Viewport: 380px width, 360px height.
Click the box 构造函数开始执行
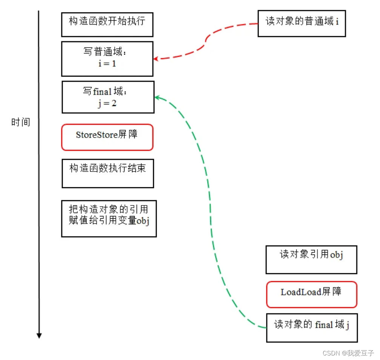coord(107,24)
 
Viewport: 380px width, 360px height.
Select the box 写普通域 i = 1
coord(107,59)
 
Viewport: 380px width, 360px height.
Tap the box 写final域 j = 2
coord(108,97)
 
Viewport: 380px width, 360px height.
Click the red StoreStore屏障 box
coord(107,137)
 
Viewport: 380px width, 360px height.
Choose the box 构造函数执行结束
coord(108,173)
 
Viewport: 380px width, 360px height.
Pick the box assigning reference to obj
coord(109,219)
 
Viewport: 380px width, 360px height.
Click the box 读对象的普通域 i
coord(302,23)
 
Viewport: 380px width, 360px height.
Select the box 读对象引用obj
coord(311,260)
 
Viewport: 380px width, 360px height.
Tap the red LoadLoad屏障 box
coord(311,294)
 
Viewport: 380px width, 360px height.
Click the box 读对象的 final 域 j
coord(311,328)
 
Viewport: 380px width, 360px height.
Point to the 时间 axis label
coord(21,123)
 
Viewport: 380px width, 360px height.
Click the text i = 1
coord(107,64)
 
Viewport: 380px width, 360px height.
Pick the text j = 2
coord(107,103)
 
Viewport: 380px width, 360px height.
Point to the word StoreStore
coord(97,135)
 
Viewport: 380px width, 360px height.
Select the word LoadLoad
coord(301,292)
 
